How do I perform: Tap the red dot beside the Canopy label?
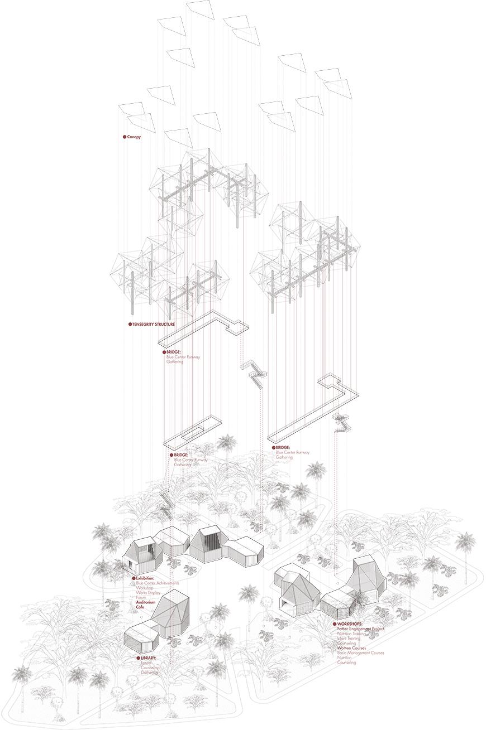[124, 137]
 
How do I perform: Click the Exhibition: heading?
[145, 578]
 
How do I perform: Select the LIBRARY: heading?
[149, 658]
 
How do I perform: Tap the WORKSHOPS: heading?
[350, 623]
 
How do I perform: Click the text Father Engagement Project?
[361, 629]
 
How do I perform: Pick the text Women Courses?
[352, 648]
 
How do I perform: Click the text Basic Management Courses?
[360, 653]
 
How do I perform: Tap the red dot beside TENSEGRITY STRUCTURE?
[130, 324]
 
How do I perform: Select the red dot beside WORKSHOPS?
[334, 623]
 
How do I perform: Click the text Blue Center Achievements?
[158, 583]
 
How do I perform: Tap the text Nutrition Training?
[352, 634]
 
